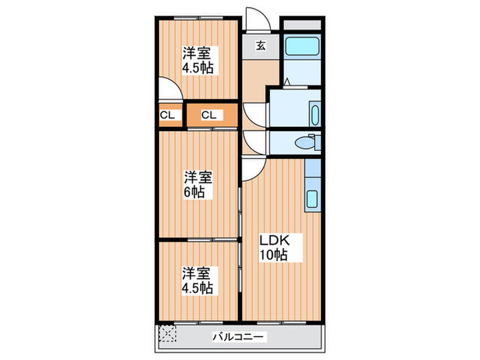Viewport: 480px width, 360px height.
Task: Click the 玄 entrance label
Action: tap(261, 46)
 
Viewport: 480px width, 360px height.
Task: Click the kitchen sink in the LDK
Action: tap(311, 198)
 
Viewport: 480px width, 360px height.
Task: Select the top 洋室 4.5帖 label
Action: tap(196, 60)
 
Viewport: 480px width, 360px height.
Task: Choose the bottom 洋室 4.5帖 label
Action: tap(196, 279)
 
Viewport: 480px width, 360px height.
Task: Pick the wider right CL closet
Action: tap(209, 115)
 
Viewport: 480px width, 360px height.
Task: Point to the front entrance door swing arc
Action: tap(255, 21)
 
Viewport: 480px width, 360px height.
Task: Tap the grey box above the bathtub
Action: tap(302, 25)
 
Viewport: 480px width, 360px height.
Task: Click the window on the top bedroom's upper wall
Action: tap(196, 16)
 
